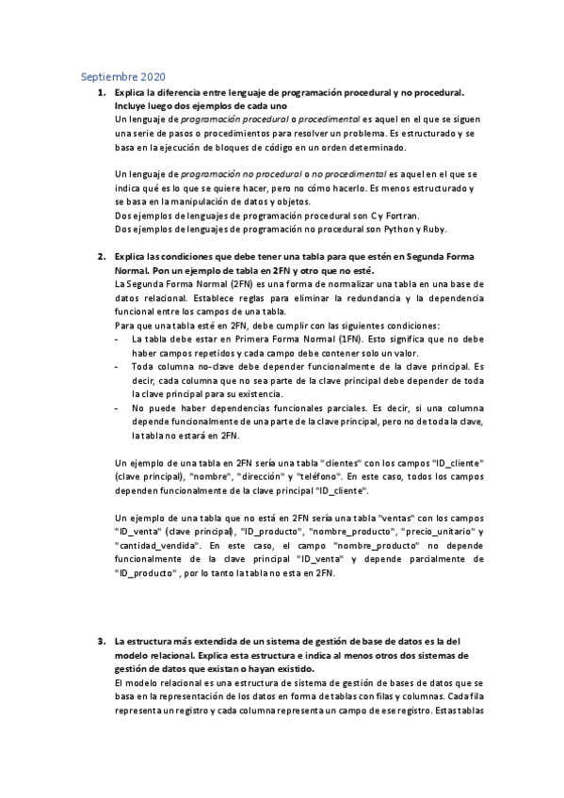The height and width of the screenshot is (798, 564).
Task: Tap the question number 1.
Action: [x=101, y=93]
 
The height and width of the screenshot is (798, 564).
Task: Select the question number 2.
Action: [x=101, y=256]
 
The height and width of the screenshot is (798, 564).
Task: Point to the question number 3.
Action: [x=101, y=641]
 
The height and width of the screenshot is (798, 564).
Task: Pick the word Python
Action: [x=383, y=229]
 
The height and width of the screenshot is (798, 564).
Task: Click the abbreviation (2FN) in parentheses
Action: [x=246, y=283]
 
